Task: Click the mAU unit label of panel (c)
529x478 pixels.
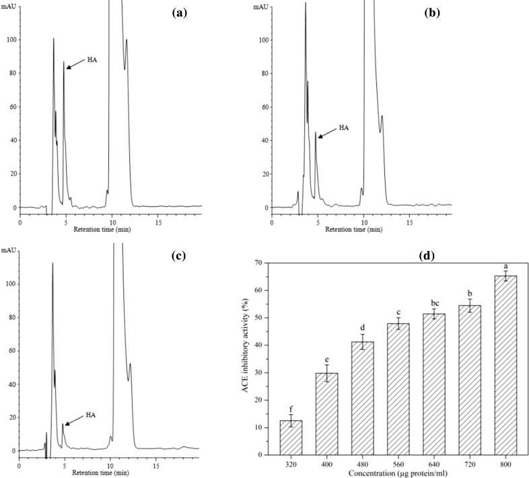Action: click(x=9, y=250)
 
